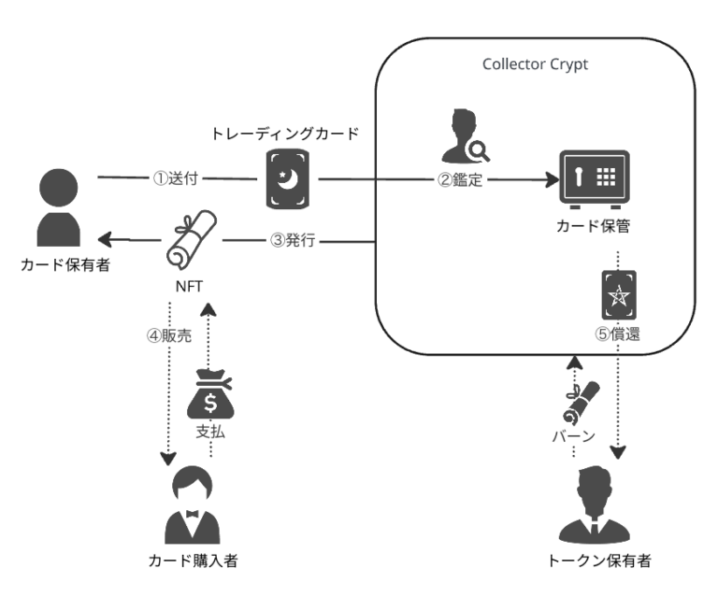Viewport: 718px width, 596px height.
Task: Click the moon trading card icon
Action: [x=290, y=177]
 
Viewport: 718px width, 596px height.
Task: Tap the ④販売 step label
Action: [x=168, y=336]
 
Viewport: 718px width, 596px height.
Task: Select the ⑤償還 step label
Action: [x=618, y=333]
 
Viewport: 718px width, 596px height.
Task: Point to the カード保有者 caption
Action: [x=59, y=266]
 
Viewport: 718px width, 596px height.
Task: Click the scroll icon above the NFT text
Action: [x=191, y=238]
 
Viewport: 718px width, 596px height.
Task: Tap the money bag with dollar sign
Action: [x=211, y=398]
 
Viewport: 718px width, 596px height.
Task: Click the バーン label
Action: [x=572, y=436]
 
